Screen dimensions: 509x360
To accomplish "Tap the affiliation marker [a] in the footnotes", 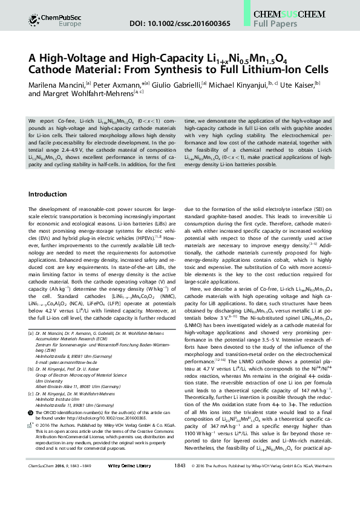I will (33, 333).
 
